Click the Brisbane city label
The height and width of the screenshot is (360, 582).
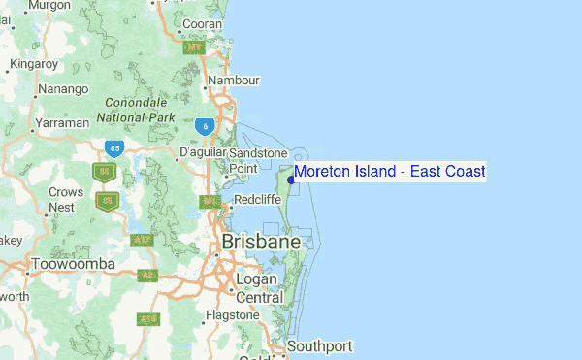tap(260, 241)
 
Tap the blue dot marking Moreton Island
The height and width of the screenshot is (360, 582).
tap(291, 179)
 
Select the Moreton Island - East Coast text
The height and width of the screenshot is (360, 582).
tap(389, 172)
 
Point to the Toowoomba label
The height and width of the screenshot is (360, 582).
tap(73, 264)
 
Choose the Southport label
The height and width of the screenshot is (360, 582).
tap(320, 345)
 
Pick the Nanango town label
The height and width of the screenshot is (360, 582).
tap(63, 90)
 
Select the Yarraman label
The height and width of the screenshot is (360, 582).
tap(61, 123)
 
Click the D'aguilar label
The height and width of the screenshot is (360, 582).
tap(202, 153)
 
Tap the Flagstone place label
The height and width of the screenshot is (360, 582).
tap(233, 315)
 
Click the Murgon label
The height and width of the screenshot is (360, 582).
tap(48, 5)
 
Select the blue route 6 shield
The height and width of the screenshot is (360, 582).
tap(203, 127)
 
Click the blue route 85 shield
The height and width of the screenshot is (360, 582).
tap(115, 148)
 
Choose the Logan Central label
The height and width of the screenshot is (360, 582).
tap(260, 288)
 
